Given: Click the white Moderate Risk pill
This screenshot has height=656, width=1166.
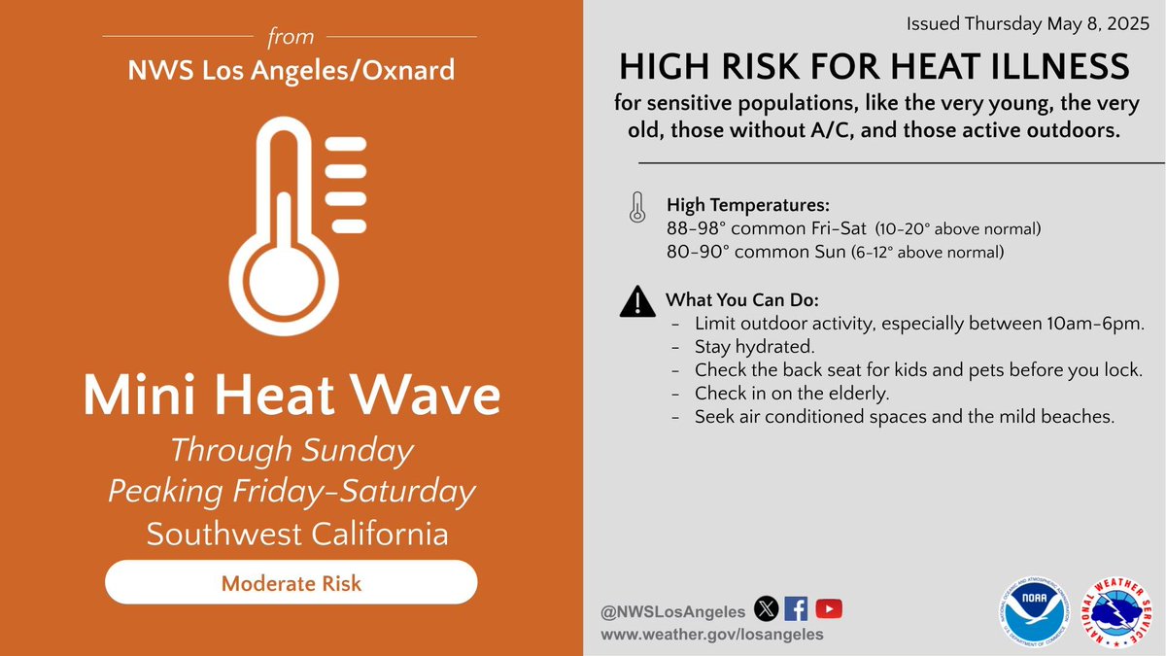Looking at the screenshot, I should [x=291, y=583].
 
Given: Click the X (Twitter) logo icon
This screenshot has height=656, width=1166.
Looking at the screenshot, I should [x=767, y=609].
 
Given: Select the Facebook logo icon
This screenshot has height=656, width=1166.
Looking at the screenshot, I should [x=797, y=609].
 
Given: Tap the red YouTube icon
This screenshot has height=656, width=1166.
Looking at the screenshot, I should [x=829, y=609].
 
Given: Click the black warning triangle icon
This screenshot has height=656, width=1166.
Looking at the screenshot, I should [x=636, y=302].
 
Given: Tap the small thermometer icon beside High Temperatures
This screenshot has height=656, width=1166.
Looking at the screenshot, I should [x=636, y=207].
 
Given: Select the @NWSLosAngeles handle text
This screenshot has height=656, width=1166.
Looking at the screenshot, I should [x=672, y=610].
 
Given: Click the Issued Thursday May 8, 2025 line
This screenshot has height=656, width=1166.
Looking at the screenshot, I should [x=1034, y=23].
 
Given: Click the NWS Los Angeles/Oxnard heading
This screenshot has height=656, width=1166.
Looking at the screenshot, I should [x=291, y=70].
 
